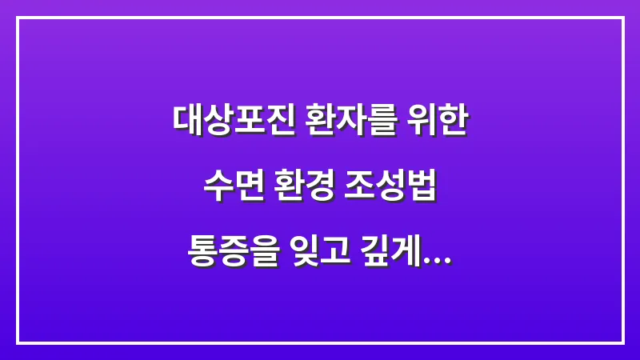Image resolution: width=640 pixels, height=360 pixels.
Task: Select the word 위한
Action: pos(438,121)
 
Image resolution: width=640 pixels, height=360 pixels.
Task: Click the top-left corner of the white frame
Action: pos(18,18)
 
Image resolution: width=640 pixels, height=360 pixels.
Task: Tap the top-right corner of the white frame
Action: pos(622,18)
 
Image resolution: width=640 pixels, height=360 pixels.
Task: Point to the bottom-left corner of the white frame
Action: pos(18,342)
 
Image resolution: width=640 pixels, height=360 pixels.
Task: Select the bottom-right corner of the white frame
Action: pos(622,342)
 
